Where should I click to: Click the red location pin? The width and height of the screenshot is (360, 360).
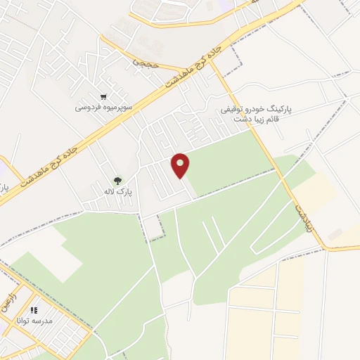[181, 165]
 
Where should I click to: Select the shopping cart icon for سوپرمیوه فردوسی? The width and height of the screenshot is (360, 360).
[104, 97]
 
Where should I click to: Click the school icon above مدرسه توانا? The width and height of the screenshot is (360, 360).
[34, 309]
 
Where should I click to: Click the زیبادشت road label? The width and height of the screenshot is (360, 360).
[300, 207]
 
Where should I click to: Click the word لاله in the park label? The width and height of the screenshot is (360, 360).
[108, 191]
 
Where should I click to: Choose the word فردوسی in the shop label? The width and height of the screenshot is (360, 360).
[89, 108]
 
